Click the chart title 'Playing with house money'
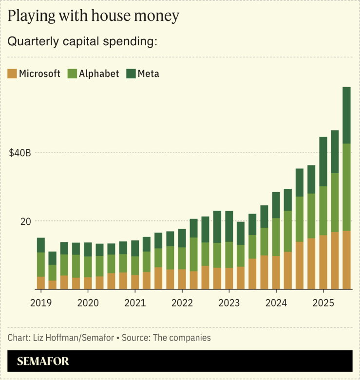(94, 17)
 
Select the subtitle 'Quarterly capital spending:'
(82, 42)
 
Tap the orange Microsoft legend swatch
(12, 74)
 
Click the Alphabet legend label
(99, 74)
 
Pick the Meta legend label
(148, 74)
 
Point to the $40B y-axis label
(20, 153)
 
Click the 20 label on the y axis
(25, 221)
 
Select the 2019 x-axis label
(41, 303)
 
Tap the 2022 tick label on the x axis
(182, 303)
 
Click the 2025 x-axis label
(322, 303)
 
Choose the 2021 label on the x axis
(135, 303)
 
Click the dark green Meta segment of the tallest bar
(346, 115)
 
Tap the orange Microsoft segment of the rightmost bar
(346, 260)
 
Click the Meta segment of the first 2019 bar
(41, 245)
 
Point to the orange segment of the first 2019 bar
(41, 283)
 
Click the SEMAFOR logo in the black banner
(43, 362)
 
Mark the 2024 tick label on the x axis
(276, 303)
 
